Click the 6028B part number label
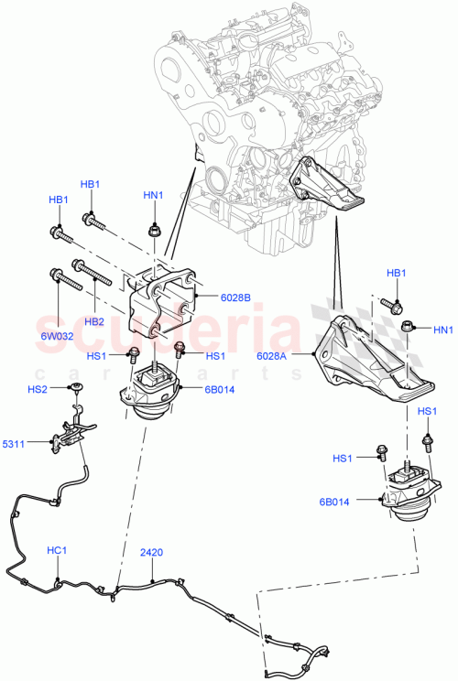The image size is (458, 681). pos(236,297)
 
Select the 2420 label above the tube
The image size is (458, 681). pos(151,553)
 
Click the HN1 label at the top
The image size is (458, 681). pos(153,195)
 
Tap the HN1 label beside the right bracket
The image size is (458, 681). pos(442,330)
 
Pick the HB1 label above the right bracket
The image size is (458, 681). pos(396,274)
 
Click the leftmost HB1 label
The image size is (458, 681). pos(58,200)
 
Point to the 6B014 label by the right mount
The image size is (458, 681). pos(359,500)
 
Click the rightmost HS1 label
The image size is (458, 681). pos(427,412)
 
